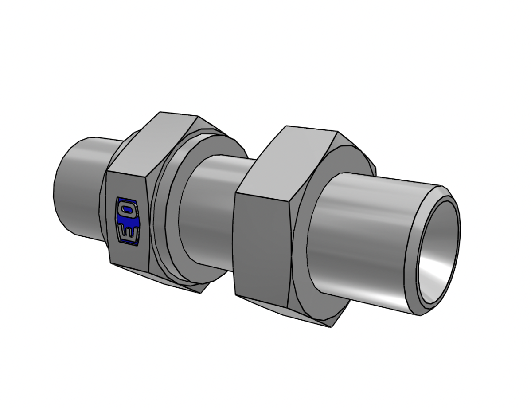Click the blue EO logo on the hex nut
[128, 220]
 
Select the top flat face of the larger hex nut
[288, 159]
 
